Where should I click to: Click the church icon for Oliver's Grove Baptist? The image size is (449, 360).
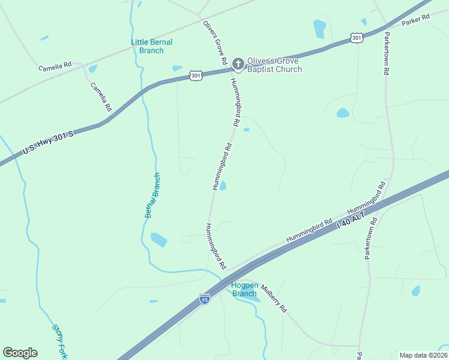click(x=238, y=63)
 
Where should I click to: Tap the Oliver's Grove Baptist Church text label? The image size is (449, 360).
click(x=275, y=65)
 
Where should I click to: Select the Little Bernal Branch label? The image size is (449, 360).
click(x=151, y=46)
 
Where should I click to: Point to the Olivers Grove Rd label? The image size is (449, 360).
click(x=214, y=43)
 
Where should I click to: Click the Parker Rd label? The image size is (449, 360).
click(x=416, y=19)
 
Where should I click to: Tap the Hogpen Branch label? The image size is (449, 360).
click(x=244, y=289)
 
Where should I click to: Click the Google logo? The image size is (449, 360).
click(x=20, y=353)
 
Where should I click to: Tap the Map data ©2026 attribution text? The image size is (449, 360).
click(x=424, y=355)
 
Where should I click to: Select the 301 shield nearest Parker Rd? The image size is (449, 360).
click(x=357, y=38)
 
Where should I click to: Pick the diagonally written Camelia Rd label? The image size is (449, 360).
click(x=101, y=97)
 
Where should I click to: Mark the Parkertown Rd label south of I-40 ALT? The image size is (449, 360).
click(x=369, y=238)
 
